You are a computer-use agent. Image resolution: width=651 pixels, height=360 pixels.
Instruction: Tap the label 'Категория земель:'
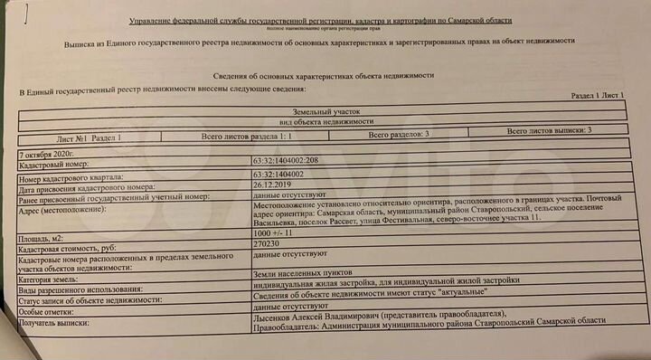(53, 281)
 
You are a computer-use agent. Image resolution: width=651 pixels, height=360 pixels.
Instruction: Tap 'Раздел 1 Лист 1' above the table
(598, 94)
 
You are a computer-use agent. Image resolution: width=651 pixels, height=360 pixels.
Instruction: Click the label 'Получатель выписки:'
(57, 323)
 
